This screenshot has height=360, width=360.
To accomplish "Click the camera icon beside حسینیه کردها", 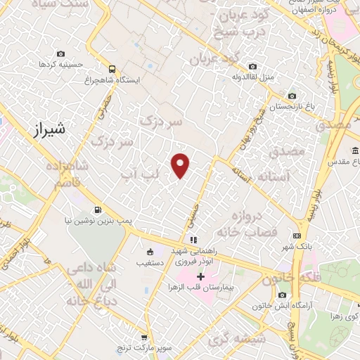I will (60, 54).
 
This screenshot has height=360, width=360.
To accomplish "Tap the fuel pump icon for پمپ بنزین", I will (97, 209).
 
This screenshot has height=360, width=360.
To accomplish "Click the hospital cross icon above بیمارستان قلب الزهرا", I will (201, 276).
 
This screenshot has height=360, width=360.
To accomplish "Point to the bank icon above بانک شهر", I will (297, 235).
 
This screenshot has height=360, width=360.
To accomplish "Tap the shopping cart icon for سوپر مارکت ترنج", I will (143, 337).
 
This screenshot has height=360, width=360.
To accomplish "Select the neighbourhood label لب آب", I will (137, 172).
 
